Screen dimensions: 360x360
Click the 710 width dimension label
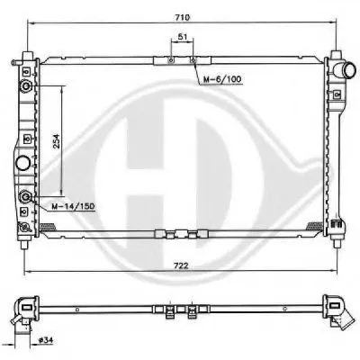pos(183,17)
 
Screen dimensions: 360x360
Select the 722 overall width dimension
pos(181,265)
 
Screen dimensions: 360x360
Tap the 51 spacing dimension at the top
pos(183,37)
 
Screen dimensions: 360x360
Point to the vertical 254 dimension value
pos(57,141)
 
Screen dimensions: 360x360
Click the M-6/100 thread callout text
pos(222,79)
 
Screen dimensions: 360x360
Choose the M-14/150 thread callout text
pos(73,206)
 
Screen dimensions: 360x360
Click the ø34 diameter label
pos(46,340)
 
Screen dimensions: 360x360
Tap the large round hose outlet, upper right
pos(350,70)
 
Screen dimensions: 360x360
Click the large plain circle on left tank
pos(22,164)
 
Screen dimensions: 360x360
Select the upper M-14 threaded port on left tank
pos(26,86)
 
